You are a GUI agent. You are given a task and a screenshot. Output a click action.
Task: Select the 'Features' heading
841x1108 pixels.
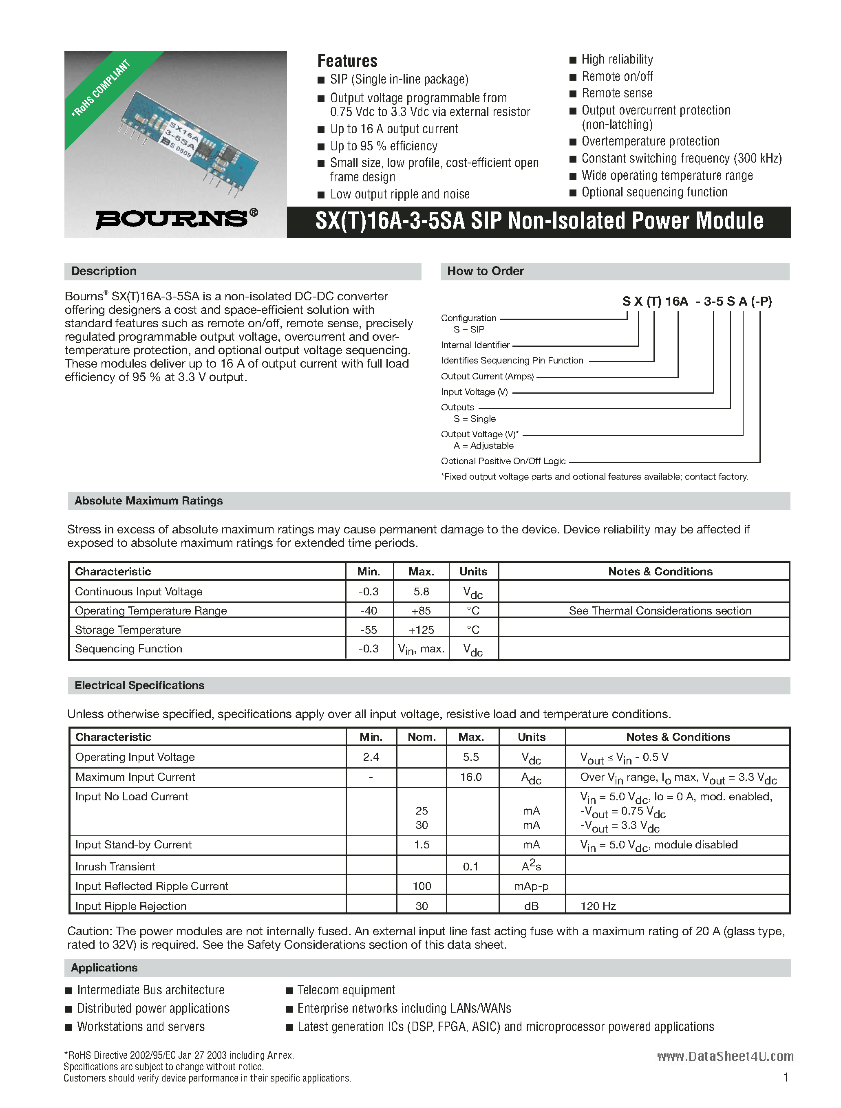[x=347, y=61]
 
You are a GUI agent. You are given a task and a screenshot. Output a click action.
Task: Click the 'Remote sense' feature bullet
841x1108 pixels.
[x=616, y=93]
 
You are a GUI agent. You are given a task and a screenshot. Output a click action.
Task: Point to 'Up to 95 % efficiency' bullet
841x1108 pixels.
[x=384, y=146]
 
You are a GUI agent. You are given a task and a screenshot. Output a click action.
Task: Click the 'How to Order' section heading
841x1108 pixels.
[x=485, y=271]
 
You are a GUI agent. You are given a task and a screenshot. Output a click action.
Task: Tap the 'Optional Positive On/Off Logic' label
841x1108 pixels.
[x=503, y=461]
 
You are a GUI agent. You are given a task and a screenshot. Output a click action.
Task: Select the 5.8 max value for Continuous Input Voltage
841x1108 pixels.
[x=421, y=592]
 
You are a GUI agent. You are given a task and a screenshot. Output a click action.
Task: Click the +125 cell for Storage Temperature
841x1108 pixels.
[x=421, y=630]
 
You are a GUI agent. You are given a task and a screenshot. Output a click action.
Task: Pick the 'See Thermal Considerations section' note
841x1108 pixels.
[x=660, y=610]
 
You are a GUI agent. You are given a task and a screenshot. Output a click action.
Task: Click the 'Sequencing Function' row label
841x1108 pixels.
[x=128, y=649]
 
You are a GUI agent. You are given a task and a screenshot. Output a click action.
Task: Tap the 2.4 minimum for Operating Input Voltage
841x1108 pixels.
[x=371, y=757]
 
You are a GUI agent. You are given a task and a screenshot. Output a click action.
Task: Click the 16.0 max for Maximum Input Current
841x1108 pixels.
[x=470, y=777]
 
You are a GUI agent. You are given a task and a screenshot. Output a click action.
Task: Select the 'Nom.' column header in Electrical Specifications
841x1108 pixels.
[x=422, y=737]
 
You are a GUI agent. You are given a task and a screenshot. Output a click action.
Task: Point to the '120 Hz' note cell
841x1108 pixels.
[x=598, y=905]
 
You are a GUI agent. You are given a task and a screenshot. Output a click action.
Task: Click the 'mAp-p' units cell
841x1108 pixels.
[x=531, y=886]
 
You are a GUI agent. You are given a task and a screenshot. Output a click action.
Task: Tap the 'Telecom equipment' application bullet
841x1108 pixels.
[x=346, y=990]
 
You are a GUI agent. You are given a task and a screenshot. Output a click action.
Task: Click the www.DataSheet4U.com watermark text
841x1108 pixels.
[x=725, y=1056]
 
